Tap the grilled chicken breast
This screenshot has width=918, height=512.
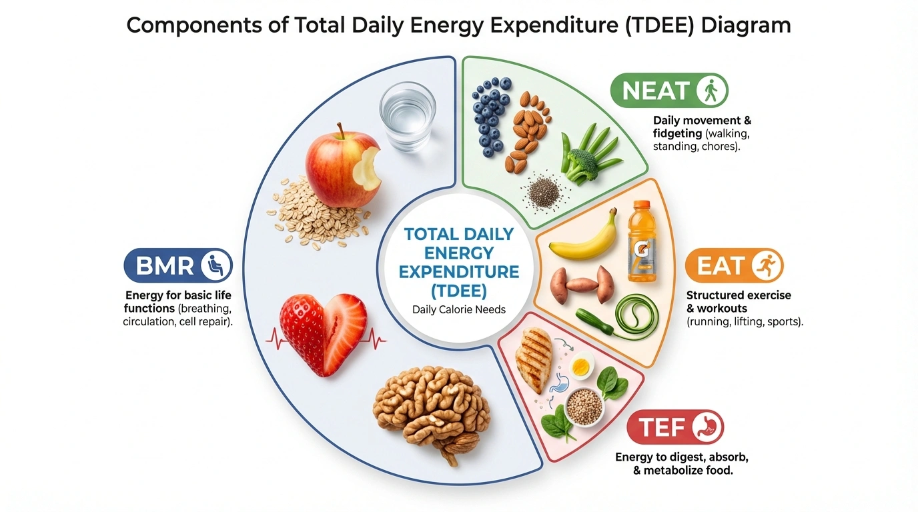click(534, 360)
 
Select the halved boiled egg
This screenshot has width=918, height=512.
click(582, 365)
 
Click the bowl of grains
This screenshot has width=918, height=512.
click(584, 405)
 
